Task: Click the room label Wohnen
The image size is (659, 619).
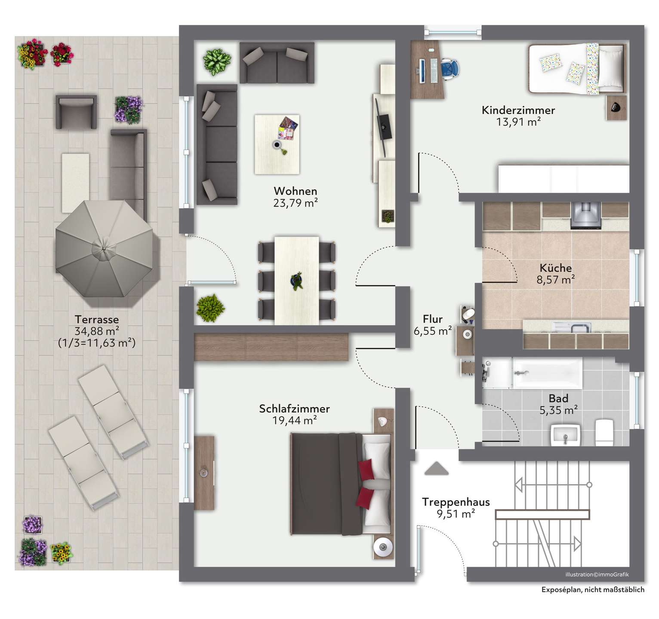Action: [296, 191]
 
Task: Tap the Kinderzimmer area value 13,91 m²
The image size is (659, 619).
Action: [518, 122]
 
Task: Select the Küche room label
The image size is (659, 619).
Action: [556, 268]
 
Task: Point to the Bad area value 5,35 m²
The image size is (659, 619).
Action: [558, 411]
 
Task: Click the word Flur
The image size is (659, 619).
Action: [433, 319]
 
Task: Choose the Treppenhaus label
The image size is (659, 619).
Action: [456, 502]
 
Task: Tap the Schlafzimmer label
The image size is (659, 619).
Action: [294, 409]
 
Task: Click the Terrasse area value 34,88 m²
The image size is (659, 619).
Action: [97, 331]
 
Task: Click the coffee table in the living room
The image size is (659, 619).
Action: [277, 144]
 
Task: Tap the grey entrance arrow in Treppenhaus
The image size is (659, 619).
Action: [437, 468]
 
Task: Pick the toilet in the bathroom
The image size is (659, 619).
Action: [604, 432]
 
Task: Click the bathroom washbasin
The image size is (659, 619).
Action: [566, 435]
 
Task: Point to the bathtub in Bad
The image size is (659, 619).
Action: [548, 373]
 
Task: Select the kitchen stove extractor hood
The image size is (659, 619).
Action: [585, 215]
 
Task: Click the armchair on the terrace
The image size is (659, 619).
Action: [76, 112]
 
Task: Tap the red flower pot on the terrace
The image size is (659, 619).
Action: [62, 54]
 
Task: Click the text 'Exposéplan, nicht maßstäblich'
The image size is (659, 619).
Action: [593, 590]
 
